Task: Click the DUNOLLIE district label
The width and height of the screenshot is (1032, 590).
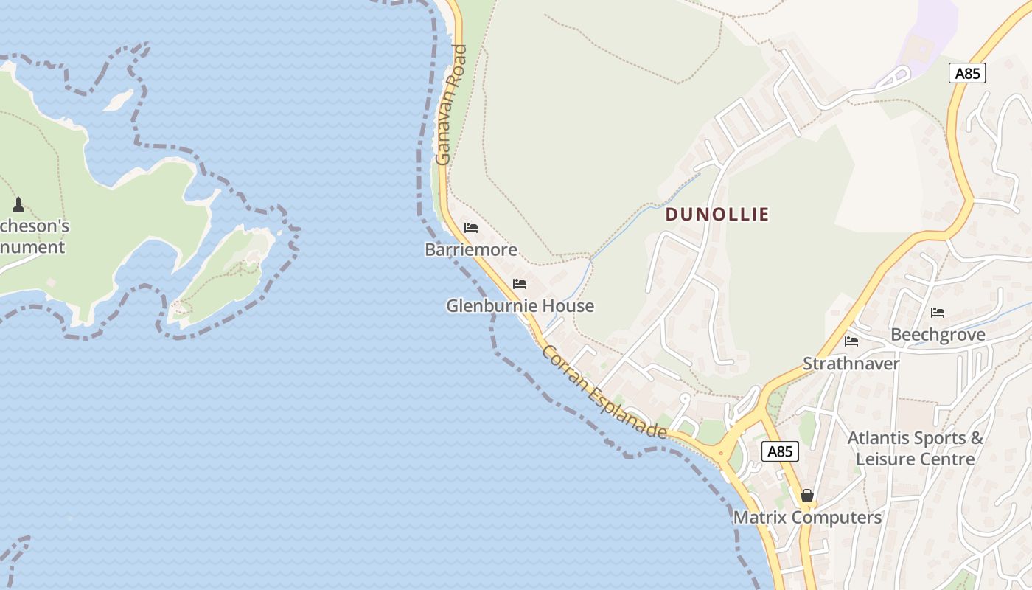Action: point(717,215)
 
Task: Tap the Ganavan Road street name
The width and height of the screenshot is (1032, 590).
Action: point(452,105)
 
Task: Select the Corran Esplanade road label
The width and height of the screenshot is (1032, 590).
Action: point(604,392)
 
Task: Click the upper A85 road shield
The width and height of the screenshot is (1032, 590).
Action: point(966,73)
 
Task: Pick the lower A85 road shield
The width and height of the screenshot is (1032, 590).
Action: point(779,451)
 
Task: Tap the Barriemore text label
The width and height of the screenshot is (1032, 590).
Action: point(471,250)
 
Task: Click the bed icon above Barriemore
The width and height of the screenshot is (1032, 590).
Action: point(471,228)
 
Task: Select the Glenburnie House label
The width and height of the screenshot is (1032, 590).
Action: point(520,306)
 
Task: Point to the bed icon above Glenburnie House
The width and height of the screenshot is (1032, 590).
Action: point(520,284)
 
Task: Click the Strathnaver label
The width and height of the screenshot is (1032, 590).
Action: point(851,364)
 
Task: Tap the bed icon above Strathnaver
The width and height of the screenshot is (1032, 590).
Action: point(851,341)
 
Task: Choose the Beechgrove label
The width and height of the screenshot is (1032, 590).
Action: point(938,335)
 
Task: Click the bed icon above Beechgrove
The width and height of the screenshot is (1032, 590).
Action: point(938,313)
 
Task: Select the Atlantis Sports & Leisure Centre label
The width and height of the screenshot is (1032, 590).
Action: point(915,448)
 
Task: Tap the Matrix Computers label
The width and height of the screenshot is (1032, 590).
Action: point(807,518)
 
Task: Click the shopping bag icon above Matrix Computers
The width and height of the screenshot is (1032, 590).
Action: point(807,496)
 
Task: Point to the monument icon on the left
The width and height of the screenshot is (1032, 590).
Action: point(18,205)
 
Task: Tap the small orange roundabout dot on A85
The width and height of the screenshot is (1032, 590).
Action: point(721,454)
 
